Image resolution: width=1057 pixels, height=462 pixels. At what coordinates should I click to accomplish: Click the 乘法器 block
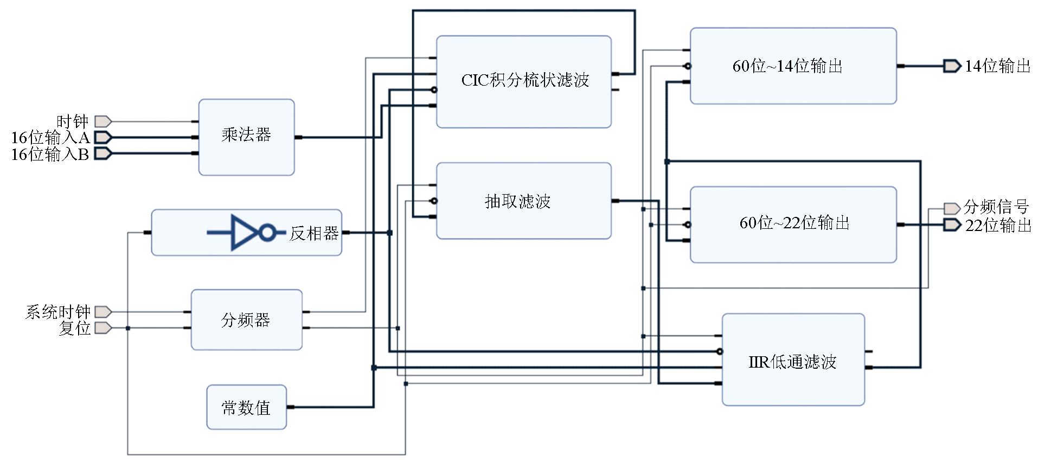click(246, 137)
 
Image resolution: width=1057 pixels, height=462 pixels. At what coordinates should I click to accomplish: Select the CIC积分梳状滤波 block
click(523, 81)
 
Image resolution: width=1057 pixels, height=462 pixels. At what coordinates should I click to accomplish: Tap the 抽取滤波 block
click(523, 201)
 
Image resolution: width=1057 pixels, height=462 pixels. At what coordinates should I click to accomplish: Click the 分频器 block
click(246, 319)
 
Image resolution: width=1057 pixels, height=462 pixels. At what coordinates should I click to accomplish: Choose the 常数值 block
click(246, 407)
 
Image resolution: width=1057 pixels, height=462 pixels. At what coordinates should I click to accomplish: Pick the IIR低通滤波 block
click(793, 360)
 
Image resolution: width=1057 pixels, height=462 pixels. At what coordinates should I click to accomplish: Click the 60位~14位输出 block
click(793, 66)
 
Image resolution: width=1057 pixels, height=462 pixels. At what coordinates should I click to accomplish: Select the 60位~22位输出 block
click(793, 224)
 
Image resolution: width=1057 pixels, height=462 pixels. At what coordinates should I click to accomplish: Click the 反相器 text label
click(314, 233)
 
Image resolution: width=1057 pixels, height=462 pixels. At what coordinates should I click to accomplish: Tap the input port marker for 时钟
click(103, 121)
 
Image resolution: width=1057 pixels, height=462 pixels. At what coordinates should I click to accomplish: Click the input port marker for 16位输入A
click(103, 137)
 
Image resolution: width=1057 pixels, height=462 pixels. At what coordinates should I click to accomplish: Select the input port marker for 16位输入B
click(103, 153)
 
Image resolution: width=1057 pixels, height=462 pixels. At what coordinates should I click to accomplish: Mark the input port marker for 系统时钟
click(103, 312)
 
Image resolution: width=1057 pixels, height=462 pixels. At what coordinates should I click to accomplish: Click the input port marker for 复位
click(103, 328)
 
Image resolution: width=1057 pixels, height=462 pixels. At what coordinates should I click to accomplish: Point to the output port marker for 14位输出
click(952, 66)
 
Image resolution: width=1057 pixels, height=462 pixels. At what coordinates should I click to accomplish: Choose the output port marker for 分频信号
click(952, 209)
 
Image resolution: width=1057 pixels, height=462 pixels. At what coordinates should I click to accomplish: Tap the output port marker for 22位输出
click(952, 224)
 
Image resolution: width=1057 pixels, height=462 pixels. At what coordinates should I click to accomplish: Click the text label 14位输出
click(998, 66)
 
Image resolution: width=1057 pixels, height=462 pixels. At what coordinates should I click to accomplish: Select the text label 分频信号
click(996, 207)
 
